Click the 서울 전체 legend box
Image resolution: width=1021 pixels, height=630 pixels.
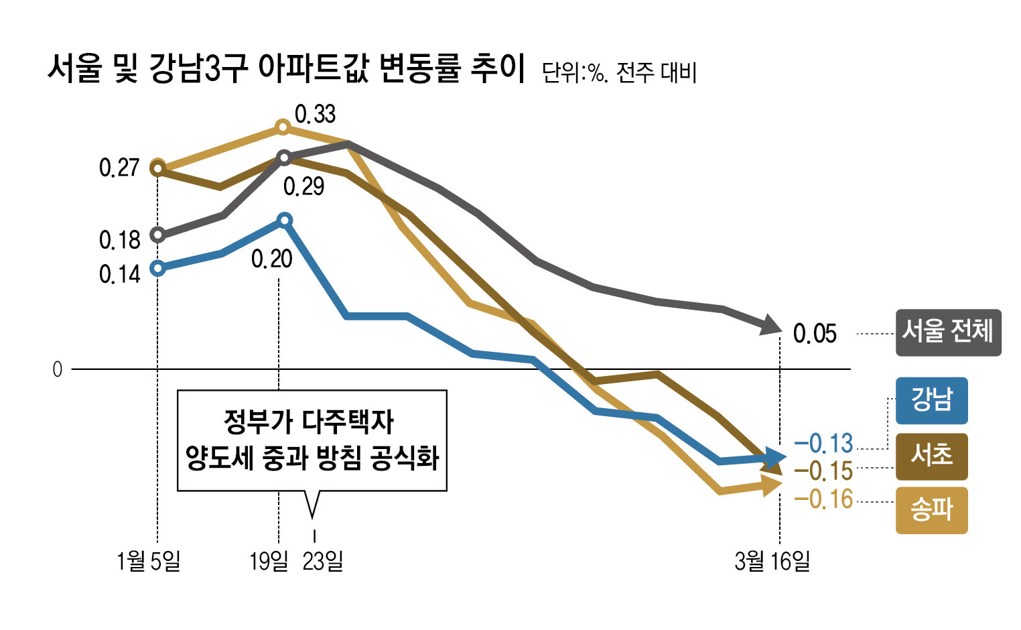click(948, 332)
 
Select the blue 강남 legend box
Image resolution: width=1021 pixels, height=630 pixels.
click(931, 400)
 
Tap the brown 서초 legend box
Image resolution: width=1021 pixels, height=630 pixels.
click(931, 456)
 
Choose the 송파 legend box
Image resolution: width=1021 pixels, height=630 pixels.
click(931, 511)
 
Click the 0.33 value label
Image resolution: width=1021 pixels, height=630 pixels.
click(315, 115)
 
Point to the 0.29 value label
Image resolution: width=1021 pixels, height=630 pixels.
click(303, 186)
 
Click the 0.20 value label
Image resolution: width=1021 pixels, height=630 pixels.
click(272, 259)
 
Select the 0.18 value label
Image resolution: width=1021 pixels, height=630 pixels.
click(120, 240)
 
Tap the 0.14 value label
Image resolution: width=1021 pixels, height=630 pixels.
click(120, 274)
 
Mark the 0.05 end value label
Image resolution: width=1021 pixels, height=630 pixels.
click(815, 334)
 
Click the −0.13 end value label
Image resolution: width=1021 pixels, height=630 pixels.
click(823, 444)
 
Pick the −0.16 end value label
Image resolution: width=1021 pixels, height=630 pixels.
click(823, 499)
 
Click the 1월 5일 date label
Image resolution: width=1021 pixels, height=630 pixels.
click(148, 561)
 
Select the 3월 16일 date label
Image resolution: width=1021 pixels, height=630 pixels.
click(772, 561)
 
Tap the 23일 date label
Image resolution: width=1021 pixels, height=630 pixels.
click(323, 561)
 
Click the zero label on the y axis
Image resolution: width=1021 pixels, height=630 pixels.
click(58, 369)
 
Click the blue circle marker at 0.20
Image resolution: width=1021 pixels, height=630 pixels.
click(284, 220)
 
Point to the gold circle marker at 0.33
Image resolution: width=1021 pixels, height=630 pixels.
click(283, 127)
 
